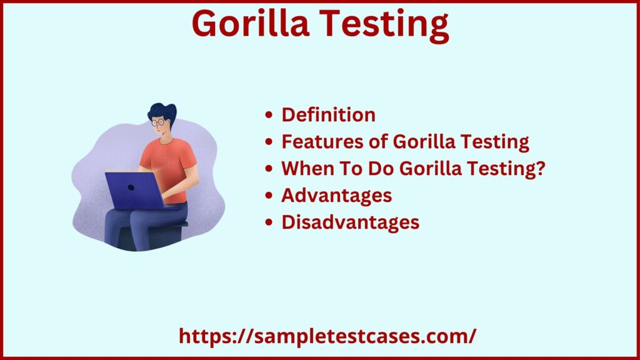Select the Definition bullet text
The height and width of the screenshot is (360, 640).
click(328, 115)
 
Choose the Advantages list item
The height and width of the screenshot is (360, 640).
click(336, 196)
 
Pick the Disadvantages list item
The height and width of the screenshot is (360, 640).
click(350, 222)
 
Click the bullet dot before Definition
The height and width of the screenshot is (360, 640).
click(269, 116)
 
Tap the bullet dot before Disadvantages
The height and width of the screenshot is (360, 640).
click(269, 223)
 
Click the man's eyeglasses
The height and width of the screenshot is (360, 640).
click(158, 123)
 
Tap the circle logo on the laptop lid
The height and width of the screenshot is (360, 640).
click(131, 187)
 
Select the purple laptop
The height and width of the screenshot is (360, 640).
click(134, 190)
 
